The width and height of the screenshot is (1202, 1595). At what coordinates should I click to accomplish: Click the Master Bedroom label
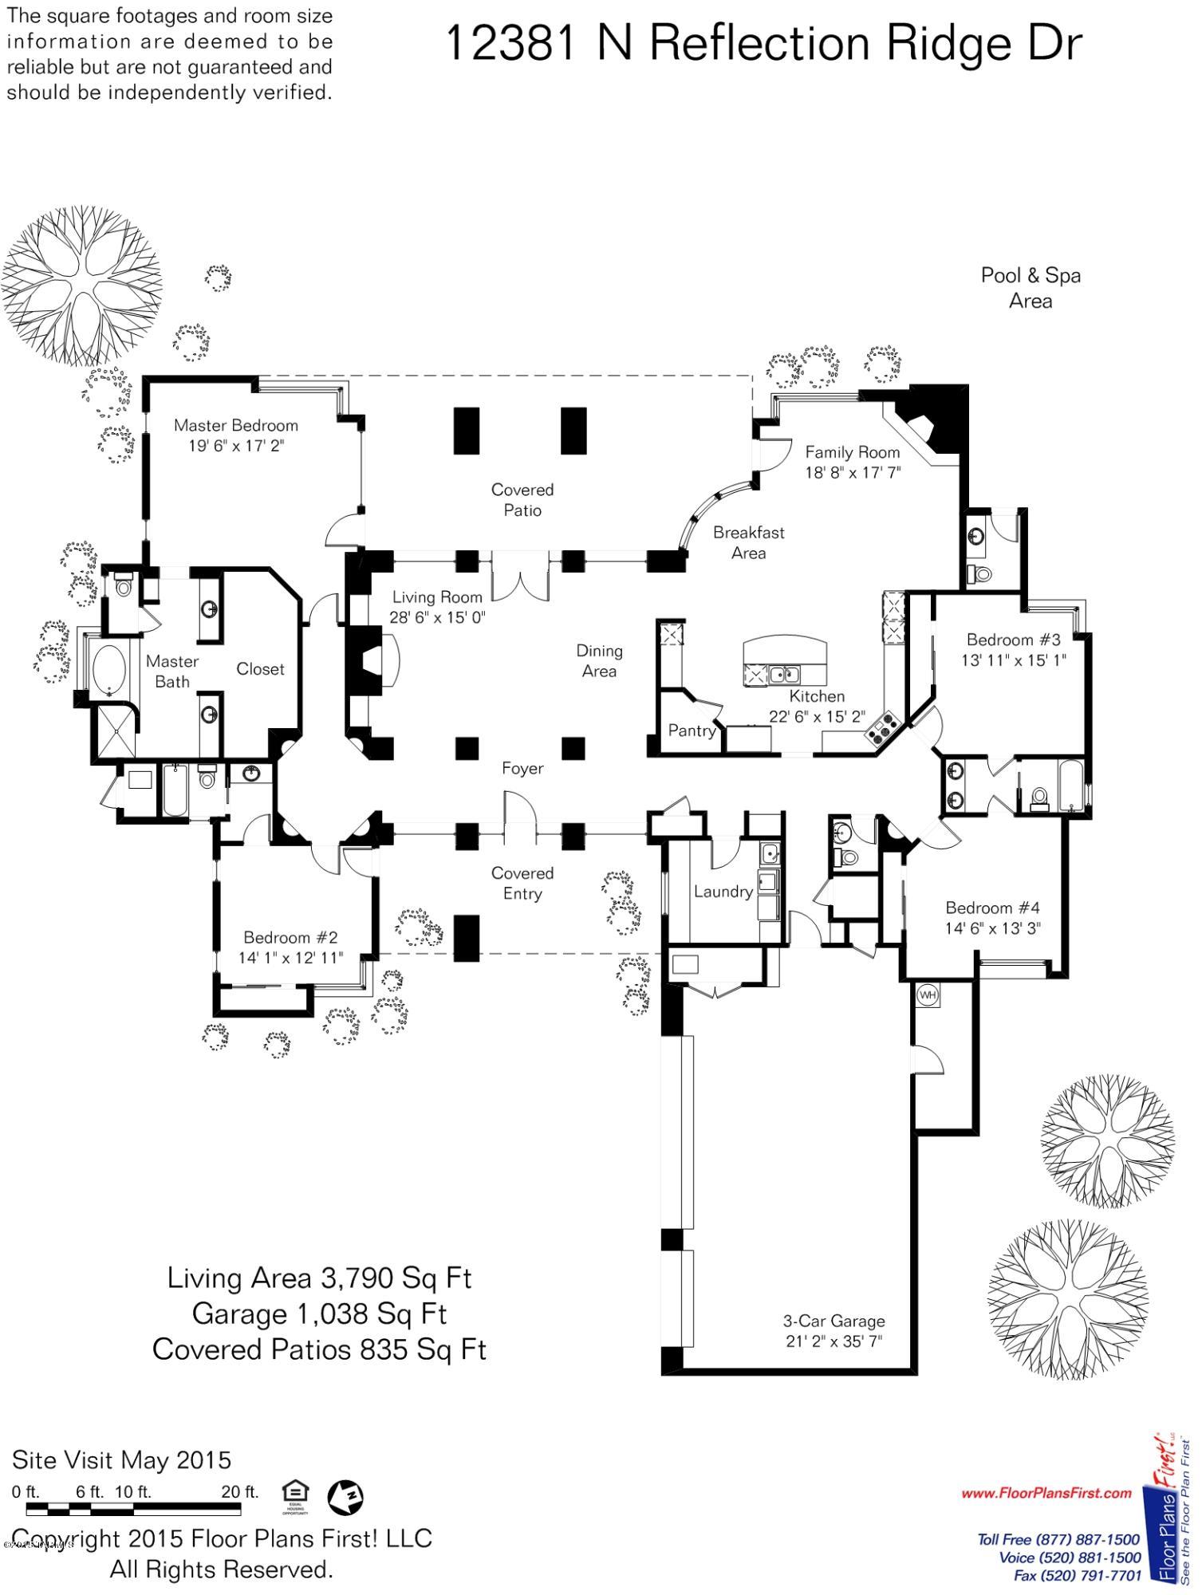pos(236,425)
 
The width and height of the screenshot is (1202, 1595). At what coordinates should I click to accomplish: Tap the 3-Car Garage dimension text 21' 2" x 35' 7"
pos(834,1341)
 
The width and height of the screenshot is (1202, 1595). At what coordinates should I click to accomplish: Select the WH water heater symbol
pos(927,994)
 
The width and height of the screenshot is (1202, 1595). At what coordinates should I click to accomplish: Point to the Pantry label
pos(692,730)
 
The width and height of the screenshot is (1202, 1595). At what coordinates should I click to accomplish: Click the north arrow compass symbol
pos(346,1496)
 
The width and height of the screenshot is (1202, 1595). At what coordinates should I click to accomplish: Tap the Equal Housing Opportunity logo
pos(295,1495)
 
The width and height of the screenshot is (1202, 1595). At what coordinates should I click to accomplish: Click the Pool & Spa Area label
pos(1031,288)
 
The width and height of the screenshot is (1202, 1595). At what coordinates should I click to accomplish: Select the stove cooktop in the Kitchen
pos(882,726)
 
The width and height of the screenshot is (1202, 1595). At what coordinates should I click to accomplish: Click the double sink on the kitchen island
pos(784,675)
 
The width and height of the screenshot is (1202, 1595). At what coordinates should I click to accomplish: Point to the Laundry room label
pos(723,891)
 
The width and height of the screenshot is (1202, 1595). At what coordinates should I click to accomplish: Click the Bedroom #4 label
pos(992,908)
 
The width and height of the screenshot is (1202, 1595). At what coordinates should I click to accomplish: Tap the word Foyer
pos(522,768)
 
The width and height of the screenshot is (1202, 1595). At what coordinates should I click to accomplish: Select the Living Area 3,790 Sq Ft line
pos(319,1278)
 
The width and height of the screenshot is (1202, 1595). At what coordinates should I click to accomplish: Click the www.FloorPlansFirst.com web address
pos(1046,1493)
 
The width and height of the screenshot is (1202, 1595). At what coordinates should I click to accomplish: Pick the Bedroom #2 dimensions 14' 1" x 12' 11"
pos(290,958)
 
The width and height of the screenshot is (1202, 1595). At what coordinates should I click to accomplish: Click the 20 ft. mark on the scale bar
pos(240,1491)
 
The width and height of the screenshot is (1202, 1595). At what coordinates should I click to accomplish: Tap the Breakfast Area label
pos(748,542)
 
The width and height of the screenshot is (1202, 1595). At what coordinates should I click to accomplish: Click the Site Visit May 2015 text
pos(121,1460)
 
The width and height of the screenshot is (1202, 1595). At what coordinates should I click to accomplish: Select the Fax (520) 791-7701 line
pos(1077,1575)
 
